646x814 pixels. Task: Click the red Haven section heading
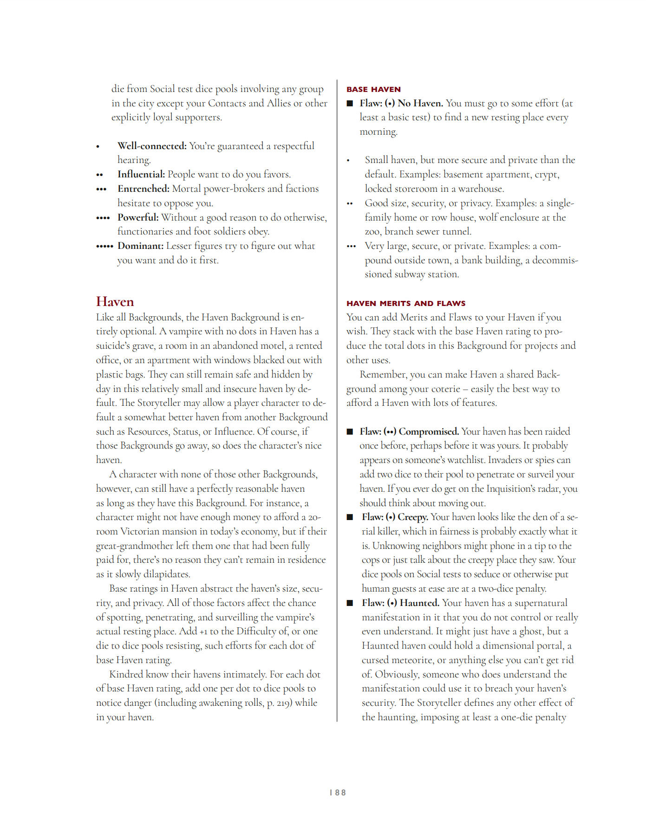[115, 302]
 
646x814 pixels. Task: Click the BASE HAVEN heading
[373, 89]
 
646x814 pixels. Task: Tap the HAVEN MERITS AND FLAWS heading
[406, 303]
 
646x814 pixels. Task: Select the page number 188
[338, 793]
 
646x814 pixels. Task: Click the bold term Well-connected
[152, 146]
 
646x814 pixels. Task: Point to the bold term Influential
[141, 174]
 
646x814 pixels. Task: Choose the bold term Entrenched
[144, 189]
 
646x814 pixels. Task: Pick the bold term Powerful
[138, 217]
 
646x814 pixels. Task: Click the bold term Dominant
[140, 246]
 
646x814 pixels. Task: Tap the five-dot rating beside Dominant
[104, 246]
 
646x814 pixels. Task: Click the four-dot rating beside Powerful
[103, 218]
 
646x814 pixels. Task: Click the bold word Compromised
[429, 431]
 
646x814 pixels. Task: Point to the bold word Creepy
[413, 517]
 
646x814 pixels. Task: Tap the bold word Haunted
[419, 603]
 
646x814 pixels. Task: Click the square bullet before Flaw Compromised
[350, 432]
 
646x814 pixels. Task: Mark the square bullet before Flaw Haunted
[350, 603]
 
